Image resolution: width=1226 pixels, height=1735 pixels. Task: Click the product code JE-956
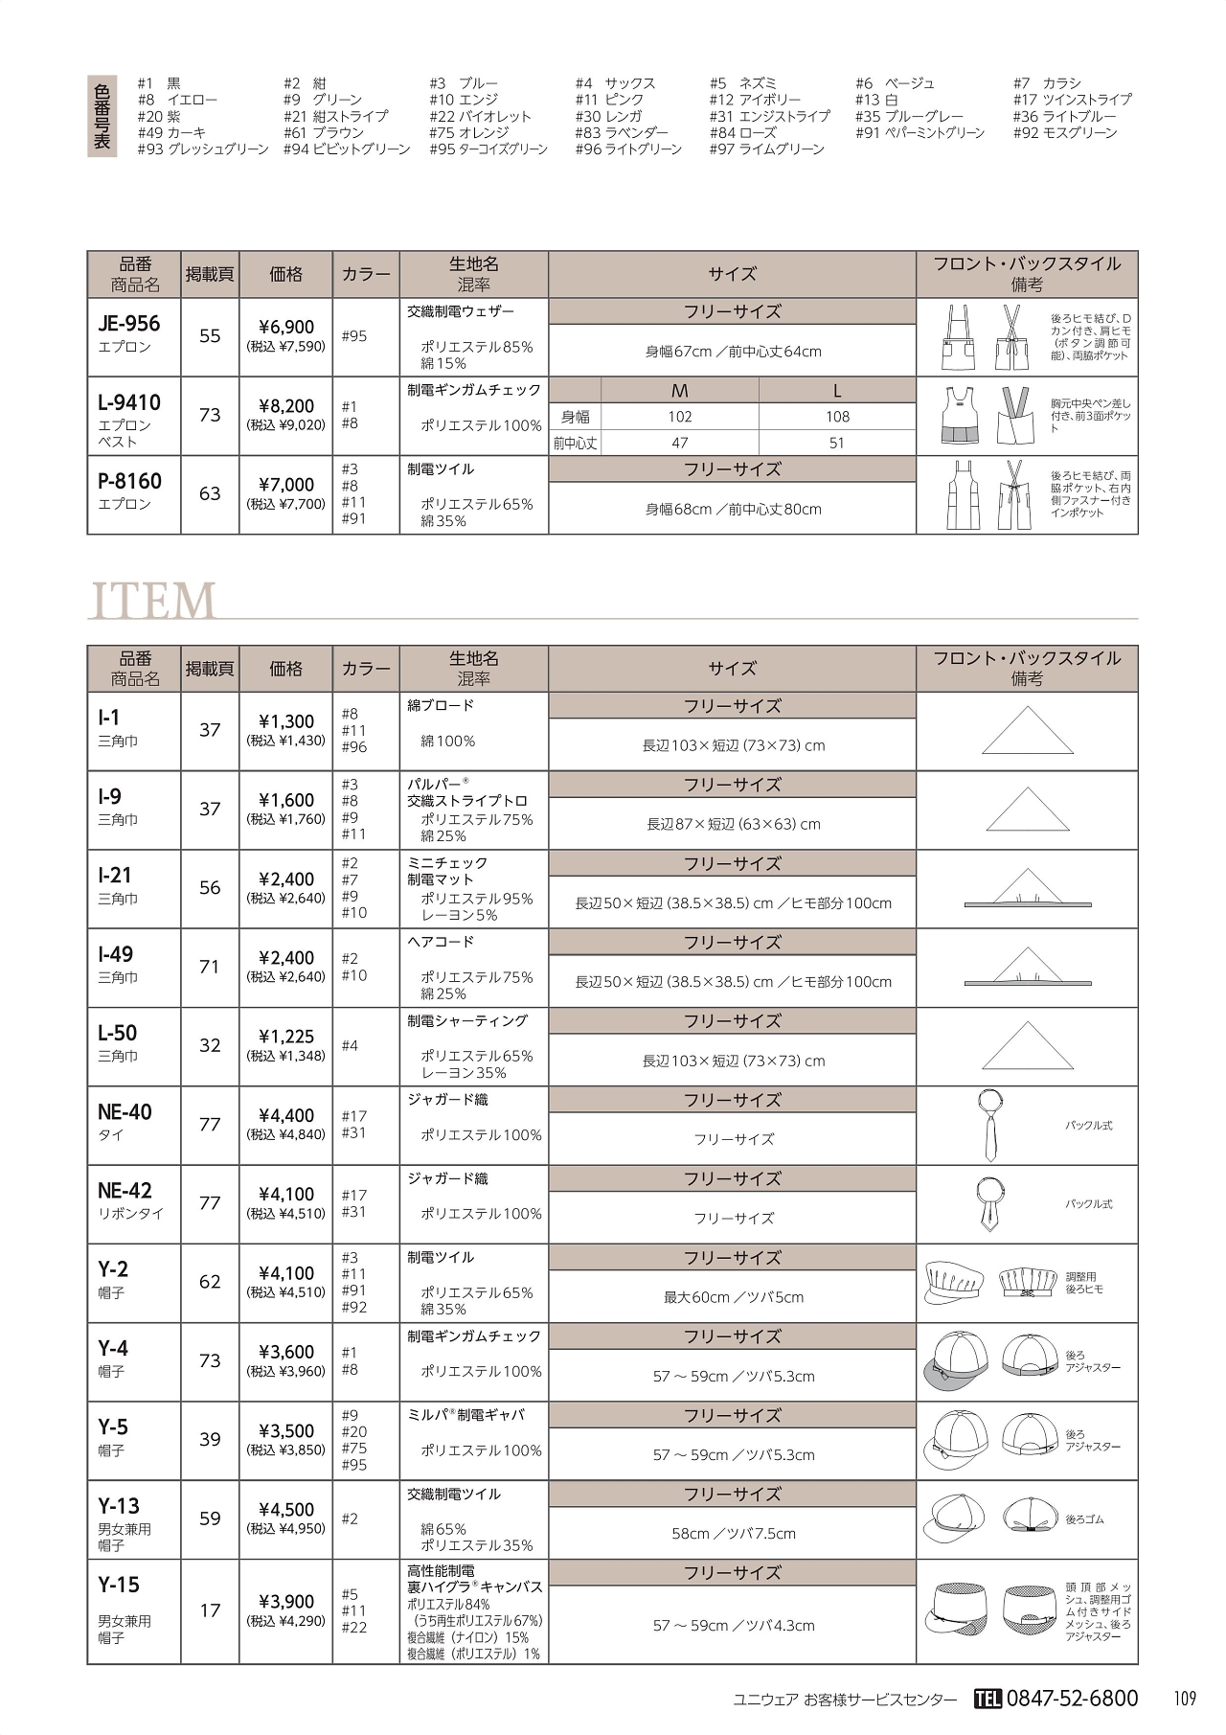(129, 324)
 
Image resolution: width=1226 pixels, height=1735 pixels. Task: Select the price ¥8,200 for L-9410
(286, 406)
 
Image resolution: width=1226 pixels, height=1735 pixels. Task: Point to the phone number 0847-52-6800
(1073, 1698)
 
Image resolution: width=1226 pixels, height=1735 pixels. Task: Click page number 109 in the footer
(1185, 1699)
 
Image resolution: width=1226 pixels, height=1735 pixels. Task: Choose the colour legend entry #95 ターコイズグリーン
(488, 149)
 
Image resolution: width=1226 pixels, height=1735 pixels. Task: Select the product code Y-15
(119, 1585)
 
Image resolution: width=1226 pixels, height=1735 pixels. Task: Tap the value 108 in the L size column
(837, 417)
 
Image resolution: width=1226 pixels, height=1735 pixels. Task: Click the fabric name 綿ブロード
(441, 706)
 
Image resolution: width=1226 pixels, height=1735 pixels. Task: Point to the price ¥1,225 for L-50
(286, 1037)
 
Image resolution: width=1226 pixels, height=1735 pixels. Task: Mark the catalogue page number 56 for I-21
(210, 888)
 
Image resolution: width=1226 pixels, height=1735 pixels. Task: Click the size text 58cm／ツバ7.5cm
(733, 1534)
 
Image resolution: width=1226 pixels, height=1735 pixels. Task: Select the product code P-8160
(130, 482)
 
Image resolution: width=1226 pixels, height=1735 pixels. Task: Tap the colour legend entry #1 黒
(159, 83)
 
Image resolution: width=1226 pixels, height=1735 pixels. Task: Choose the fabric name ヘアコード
(441, 942)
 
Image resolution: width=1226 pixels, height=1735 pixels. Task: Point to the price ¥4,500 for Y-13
(286, 1510)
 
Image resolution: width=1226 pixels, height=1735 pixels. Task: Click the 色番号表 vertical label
(102, 116)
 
